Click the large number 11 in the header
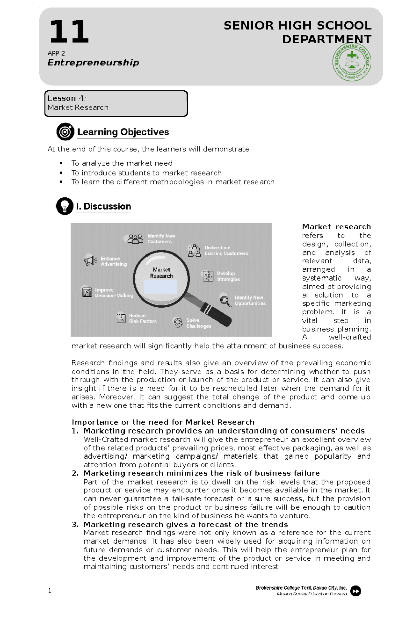pos(69,32)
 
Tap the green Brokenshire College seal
pos(352,63)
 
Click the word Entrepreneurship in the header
pos(93,62)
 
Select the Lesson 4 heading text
pos(67,98)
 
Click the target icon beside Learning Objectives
pos(65,132)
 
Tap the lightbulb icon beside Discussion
pos(65,206)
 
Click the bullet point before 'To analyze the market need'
pos(61,163)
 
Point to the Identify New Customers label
pos(161,239)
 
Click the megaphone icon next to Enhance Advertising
pos(90,260)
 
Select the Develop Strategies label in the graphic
pos(228,276)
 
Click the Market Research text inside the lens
pos(161,273)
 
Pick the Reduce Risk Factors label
pos(142,318)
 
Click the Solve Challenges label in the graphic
pos(199,323)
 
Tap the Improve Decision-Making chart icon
pos(87,292)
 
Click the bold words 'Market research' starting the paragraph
pos(336,227)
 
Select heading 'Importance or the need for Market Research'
pos(163,422)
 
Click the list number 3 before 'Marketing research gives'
pos(75,524)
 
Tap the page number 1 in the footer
pos(50,591)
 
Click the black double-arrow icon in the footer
pos(355,591)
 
